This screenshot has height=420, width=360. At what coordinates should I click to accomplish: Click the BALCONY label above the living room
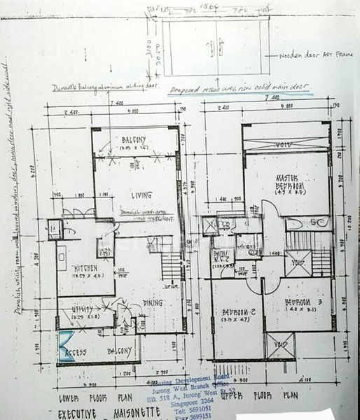click(132, 139)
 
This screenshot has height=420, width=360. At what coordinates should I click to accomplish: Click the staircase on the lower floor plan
click(170, 265)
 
